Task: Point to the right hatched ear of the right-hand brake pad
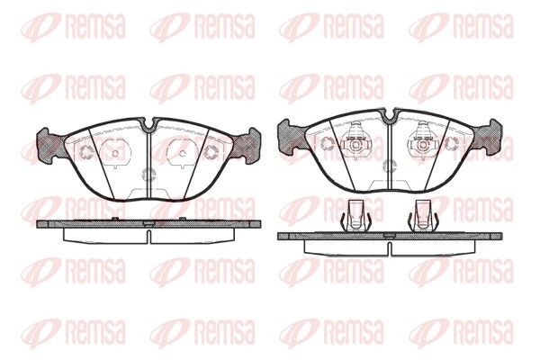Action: click(x=490, y=135)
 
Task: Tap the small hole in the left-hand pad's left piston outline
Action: click(x=115, y=153)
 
